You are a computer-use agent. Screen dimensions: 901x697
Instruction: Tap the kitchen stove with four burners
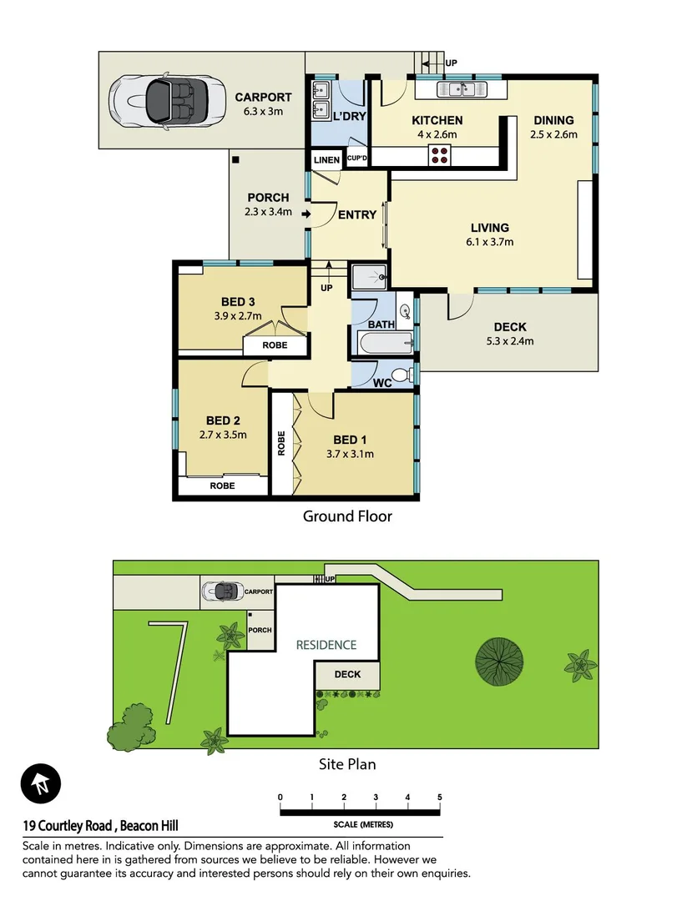tap(440, 155)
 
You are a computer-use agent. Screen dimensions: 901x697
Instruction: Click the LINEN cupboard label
tap(327, 160)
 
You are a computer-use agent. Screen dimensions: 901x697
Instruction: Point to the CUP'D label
tap(357, 159)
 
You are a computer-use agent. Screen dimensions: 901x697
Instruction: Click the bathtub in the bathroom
tap(383, 342)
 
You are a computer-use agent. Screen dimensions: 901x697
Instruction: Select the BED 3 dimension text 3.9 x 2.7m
tap(238, 316)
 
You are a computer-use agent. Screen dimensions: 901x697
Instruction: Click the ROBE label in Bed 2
tap(222, 486)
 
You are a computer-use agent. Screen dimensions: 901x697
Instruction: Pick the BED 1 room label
tap(350, 440)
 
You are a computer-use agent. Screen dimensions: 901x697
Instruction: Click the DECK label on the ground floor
tap(509, 327)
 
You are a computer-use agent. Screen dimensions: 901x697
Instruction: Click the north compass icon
tap(41, 784)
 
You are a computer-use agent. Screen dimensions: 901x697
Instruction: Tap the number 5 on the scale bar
tap(439, 798)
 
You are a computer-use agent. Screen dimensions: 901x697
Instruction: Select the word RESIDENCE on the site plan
tap(326, 645)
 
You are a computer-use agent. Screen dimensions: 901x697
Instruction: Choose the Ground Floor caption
tap(347, 516)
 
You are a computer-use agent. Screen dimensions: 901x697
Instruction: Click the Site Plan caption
tap(348, 763)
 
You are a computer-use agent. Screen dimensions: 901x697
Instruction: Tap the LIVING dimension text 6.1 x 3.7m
tap(489, 242)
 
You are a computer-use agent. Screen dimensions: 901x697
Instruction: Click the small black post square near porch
tap(237, 159)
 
